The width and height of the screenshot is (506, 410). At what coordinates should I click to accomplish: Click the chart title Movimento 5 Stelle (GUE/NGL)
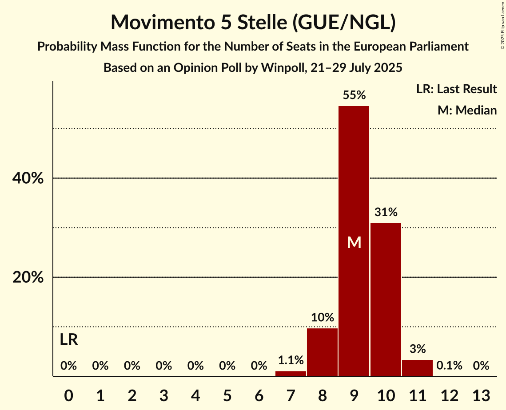[x=253, y=22]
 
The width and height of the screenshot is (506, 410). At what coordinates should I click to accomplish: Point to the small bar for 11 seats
[x=417, y=368]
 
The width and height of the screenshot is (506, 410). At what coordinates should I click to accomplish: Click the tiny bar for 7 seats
[x=291, y=374]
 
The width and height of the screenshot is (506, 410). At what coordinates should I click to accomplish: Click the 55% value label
[x=354, y=95]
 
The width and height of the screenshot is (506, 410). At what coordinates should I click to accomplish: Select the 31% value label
[x=386, y=212]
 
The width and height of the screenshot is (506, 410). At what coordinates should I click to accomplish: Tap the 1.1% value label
[x=291, y=360]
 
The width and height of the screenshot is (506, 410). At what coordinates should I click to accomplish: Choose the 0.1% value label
[x=449, y=366]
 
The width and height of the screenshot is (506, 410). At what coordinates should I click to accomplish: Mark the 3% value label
[x=417, y=349]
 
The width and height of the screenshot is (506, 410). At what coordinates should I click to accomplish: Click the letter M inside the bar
[x=354, y=242]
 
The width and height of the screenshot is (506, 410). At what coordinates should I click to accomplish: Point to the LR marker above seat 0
[x=69, y=340]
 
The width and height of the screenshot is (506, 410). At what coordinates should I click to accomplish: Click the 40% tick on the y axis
[x=28, y=178]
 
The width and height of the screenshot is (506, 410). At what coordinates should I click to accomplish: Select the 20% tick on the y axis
[x=28, y=277]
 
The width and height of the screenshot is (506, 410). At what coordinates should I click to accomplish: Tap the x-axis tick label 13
[x=481, y=395]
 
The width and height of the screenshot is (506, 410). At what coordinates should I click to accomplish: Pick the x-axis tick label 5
[x=227, y=395]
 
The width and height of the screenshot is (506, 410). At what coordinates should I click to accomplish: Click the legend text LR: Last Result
[x=456, y=89]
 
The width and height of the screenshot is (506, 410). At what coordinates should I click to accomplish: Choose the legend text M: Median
[x=467, y=110]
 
